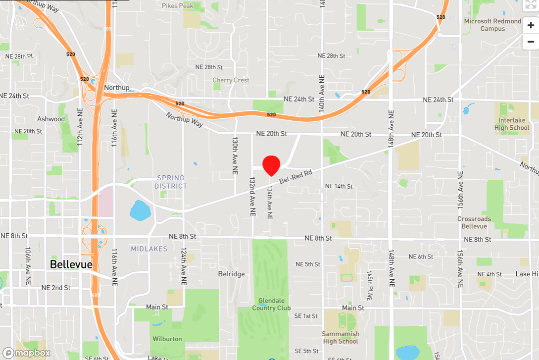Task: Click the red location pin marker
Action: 271,165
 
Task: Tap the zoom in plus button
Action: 531,25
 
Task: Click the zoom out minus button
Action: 531,42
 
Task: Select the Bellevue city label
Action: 71,264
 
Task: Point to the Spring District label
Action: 170,182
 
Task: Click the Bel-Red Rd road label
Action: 295,177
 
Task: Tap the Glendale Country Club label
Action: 271,304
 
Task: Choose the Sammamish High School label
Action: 341,337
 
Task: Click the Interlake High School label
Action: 512,124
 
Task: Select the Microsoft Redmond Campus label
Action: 492,25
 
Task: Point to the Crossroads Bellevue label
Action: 474,222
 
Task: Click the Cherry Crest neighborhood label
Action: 231,80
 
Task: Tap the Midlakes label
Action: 149,249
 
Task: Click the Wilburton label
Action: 167,339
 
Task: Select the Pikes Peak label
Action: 177,6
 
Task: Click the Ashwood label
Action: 51,119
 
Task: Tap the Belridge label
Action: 231,274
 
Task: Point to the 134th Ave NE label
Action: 270,203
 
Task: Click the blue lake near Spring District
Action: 141,210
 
